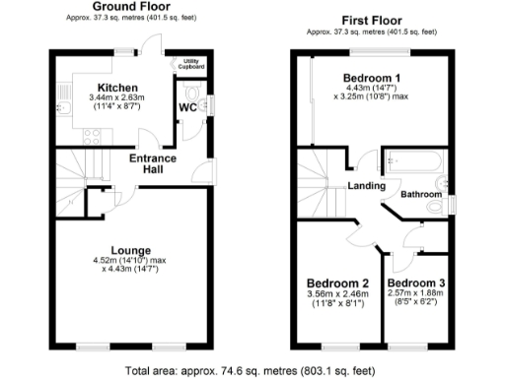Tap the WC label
tap(188, 108)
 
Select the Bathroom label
tap(420, 195)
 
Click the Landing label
tap(365, 185)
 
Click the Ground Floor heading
tap(127, 6)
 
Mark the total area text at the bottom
tap(252, 371)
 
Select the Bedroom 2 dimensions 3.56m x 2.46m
tap(336, 294)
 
